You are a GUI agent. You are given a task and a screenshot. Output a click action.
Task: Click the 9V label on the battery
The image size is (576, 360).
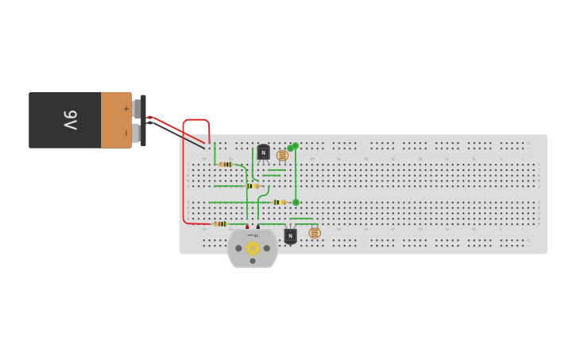pos(71,120)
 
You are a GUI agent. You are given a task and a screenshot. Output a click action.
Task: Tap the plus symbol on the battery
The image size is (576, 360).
pos(126,108)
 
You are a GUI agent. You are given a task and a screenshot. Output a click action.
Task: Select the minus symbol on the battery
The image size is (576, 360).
pos(126,133)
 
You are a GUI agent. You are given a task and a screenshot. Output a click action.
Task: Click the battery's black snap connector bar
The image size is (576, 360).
pos(143,120)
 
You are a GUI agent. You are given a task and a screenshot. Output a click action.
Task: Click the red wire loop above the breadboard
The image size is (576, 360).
pos(196,121)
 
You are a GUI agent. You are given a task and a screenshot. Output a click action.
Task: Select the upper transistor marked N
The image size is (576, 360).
pos(263,153)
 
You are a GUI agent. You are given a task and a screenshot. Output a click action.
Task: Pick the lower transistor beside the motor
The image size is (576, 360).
pos(290,235)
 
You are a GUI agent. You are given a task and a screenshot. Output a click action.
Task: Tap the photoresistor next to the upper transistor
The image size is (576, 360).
pos(282,156)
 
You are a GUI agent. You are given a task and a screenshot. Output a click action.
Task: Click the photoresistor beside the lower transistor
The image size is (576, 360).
pos(315,233)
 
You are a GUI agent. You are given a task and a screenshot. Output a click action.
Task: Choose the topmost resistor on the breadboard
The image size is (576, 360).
pos(226,165)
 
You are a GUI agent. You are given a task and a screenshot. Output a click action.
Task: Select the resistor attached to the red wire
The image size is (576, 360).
pos(220,224)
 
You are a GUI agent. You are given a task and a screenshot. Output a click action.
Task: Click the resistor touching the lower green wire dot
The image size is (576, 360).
pos(279,203)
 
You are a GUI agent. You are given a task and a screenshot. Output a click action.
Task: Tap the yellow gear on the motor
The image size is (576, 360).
pos(253,248)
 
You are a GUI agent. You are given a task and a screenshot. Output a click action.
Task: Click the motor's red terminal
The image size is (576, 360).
pos(247,227)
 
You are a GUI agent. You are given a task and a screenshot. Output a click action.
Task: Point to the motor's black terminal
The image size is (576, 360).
pos(258,227)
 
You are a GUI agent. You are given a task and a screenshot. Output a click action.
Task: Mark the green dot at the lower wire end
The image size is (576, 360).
pos(296,203)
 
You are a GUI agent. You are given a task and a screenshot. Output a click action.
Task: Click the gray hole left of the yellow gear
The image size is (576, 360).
pos(234,247)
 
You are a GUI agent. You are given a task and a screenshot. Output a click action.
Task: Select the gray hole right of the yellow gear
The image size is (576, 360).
pos(271,247)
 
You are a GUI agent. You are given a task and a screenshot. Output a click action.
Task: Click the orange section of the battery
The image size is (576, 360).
pos(116,120)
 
